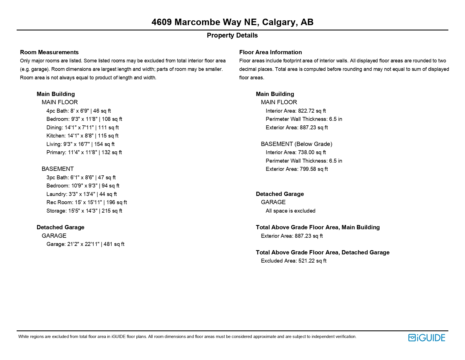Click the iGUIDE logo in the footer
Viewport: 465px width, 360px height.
coord(426,338)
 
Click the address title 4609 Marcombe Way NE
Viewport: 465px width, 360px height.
coord(232,22)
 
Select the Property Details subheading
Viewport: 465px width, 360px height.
coord(232,35)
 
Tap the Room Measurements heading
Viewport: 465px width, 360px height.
coord(49,52)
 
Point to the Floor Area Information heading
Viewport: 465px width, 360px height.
coord(270,52)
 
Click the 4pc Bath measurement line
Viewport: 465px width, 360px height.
coord(79,111)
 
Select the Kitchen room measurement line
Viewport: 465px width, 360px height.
coord(82,136)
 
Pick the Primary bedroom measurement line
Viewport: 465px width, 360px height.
coord(84,152)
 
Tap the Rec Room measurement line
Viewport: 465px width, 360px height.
coord(87,202)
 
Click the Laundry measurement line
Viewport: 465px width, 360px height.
coord(81,194)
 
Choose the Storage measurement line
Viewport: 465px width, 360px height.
coord(84,211)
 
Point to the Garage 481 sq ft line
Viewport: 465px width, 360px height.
coord(85,244)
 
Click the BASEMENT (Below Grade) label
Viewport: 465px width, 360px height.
coord(296,144)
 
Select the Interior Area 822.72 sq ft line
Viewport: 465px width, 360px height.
coord(296,111)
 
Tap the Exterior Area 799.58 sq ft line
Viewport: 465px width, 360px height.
coord(296,169)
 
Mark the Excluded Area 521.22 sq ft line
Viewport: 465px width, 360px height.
coord(293,261)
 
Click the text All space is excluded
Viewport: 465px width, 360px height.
coord(290,211)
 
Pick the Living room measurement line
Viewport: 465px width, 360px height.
coord(80,144)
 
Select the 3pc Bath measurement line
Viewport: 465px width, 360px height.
coord(81,178)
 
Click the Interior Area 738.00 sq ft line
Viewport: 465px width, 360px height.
coord(296,152)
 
